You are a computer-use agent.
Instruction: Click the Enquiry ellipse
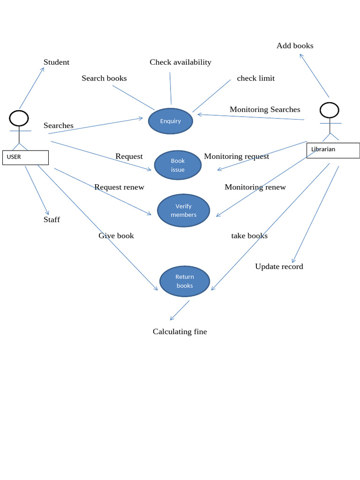coord(170,121)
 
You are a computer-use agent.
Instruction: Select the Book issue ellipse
coord(178,165)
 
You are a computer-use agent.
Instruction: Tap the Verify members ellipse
coord(183,210)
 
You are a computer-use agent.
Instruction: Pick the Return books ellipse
coord(184,281)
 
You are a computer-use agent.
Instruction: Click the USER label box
coord(25,157)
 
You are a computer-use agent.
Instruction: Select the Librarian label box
coord(333,150)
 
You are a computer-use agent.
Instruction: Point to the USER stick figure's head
coord(19,118)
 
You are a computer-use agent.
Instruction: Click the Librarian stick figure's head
coord(329,110)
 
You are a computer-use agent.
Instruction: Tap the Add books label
coord(295,45)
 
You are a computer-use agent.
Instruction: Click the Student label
coord(56,62)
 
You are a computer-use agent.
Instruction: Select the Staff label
coord(52,219)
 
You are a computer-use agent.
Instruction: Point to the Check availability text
coord(180,62)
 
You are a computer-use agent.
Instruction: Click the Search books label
coord(104,78)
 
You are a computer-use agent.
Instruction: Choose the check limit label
coord(255,78)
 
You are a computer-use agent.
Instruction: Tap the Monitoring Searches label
coord(265,109)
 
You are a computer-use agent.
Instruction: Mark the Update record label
coord(279,266)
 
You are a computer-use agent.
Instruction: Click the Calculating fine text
coord(180,331)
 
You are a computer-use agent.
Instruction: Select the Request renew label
coord(119,187)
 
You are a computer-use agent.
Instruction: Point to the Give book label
coord(116,235)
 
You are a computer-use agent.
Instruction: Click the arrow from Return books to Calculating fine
coord(180,310)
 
